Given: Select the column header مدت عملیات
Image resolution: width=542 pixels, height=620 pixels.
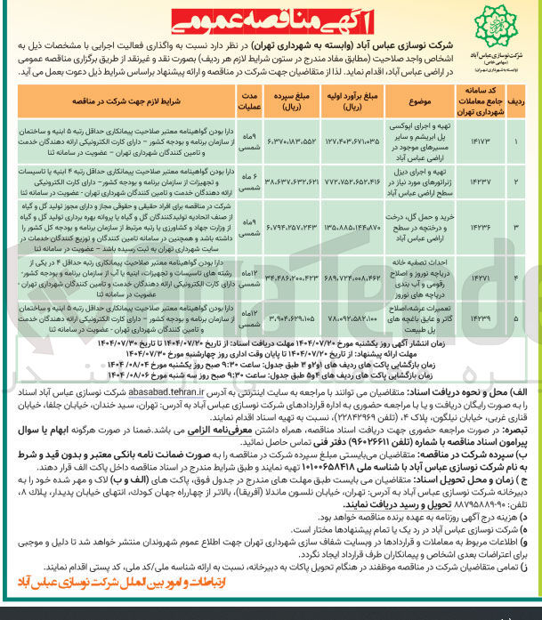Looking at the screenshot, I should tap(252, 102).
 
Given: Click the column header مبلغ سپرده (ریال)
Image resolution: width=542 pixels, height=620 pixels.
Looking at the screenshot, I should tap(295, 102).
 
